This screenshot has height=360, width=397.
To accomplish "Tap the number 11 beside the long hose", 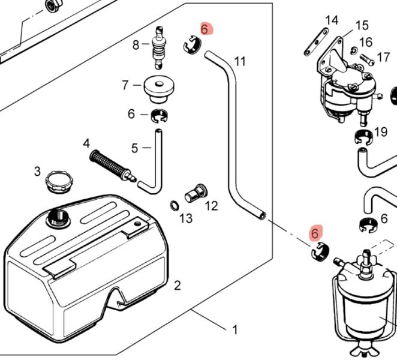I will pyautogui.click(x=240, y=61).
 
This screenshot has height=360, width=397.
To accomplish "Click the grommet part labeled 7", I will pyautogui.click(x=159, y=88).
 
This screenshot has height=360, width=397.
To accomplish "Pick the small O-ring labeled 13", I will pyautogui.click(x=173, y=205).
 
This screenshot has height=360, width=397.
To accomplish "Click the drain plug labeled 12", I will pyautogui.click(x=195, y=194).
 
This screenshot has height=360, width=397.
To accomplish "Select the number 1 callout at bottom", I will pyautogui.click(x=235, y=329).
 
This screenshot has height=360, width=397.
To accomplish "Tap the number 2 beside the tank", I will pyautogui.click(x=178, y=285).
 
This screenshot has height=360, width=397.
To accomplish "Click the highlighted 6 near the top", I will pyautogui.click(x=204, y=29).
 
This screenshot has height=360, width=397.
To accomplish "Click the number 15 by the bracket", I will pyautogui.click(x=362, y=25).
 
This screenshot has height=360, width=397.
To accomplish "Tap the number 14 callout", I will pyautogui.click(x=332, y=20).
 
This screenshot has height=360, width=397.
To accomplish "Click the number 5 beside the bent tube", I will pyautogui.click(x=134, y=147).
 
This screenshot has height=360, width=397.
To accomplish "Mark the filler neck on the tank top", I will pyautogui.click(x=58, y=216).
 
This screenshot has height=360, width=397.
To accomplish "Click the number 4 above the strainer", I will pyautogui.click(x=86, y=143).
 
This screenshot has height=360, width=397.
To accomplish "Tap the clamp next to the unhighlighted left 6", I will pyautogui.click(x=159, y=115).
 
